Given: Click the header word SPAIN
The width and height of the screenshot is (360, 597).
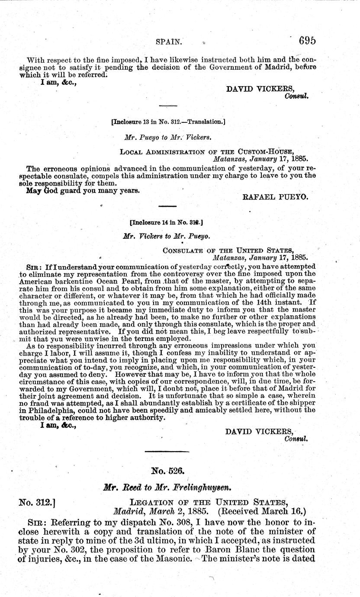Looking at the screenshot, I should (168, 42).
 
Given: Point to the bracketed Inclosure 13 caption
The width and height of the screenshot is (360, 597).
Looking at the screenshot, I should (168, 122).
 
